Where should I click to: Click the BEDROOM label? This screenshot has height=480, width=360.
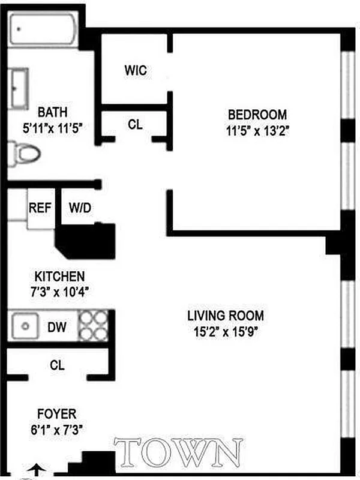[257, 114]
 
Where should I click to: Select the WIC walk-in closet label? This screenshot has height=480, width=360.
[136, 70]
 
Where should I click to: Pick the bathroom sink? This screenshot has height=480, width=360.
[19, 88]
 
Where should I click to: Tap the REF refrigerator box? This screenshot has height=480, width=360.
[40, 209]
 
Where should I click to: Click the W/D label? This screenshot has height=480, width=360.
[80, 209]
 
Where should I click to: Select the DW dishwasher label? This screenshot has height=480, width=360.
[57, 327]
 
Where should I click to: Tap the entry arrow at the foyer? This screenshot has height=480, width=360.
[37, 469]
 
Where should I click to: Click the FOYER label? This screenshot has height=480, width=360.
[57, 414]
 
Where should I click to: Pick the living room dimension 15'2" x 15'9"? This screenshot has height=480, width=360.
[225, 330]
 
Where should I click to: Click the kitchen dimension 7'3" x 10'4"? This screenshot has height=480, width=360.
[59, 292]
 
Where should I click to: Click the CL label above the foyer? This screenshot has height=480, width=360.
[58, 364]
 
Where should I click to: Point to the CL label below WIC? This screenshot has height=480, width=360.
[135, 124]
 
